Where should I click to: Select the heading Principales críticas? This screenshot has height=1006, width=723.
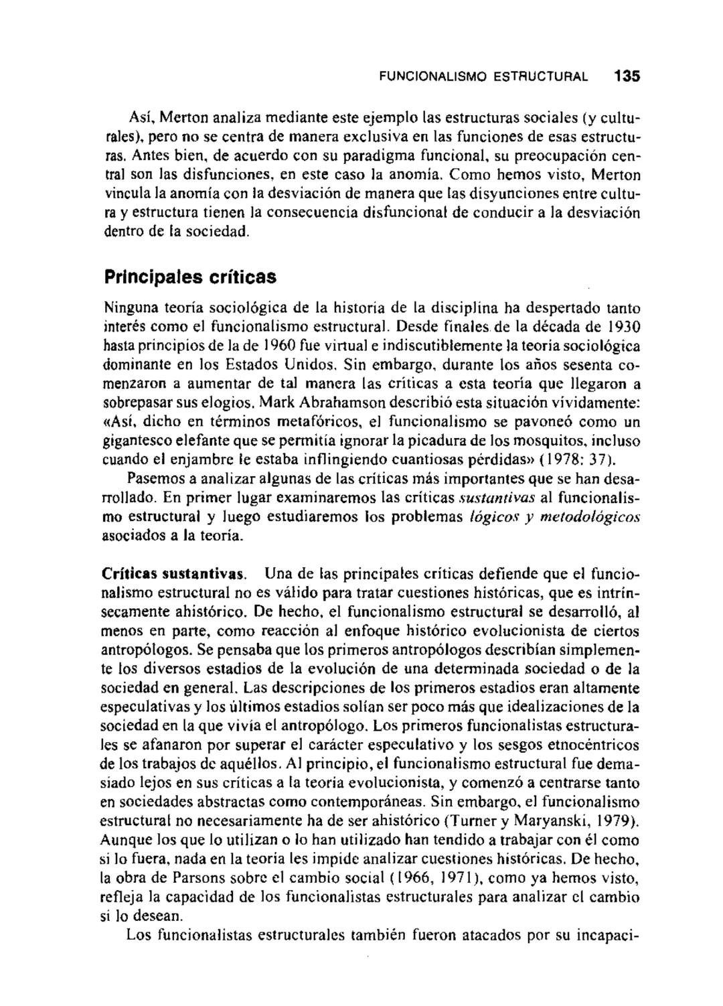(x=189, y=277)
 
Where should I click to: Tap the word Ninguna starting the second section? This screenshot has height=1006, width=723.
(x=126, y=309)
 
